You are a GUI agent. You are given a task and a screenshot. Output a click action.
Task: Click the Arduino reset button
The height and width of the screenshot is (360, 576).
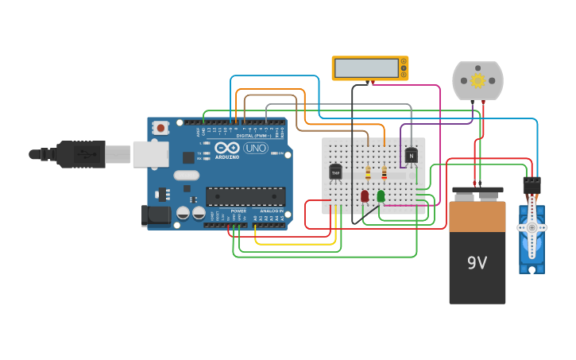coord(161,127)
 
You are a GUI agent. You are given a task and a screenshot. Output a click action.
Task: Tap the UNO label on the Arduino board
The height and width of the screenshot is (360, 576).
coord(255,149)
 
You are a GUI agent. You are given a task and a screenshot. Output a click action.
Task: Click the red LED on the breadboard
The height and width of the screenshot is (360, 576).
coord(365,195)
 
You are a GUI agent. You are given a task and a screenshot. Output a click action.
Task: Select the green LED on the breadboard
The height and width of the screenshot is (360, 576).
coord(381,195)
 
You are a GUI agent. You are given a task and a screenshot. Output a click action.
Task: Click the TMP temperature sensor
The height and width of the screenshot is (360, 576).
coord(335,171)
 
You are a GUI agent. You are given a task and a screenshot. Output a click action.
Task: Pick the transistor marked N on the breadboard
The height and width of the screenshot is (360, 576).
coord(411,156)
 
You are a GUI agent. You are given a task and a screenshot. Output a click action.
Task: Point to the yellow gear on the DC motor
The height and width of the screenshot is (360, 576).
coord(477,80)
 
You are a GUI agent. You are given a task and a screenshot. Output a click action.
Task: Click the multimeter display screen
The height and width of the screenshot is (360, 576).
coord(366,68)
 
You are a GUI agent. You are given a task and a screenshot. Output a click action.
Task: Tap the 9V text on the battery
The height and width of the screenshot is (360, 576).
coord(477,262)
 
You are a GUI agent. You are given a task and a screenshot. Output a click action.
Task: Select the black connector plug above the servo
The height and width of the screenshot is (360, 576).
coord(532,184)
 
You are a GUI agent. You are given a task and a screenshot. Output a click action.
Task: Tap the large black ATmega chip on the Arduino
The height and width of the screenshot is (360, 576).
coord(245,196)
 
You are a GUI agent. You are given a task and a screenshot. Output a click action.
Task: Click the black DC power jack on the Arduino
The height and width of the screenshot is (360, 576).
coord(157,215)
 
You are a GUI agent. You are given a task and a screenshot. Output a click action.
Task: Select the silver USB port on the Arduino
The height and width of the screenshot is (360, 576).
coord(150,154)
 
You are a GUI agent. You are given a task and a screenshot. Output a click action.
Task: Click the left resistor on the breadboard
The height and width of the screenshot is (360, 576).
coord(368,172)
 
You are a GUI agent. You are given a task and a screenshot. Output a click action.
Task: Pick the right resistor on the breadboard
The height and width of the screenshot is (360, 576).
coord(385,172)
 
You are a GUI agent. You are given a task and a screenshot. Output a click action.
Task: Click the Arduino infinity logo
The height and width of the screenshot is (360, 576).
coord(226,149)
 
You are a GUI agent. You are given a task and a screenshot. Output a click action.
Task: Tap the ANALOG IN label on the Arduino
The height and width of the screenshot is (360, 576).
coord(270,211)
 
